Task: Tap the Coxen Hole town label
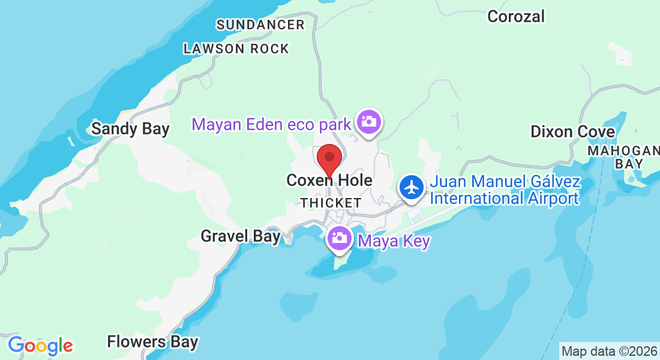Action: (x=329, y=180)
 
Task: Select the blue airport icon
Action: (x=412, y=187)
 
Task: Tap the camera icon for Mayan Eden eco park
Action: (x=368, y=122)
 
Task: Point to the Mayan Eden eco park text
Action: (x=271, y=125)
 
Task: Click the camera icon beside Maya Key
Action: (x=339, y=238)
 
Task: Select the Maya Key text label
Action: (x=394, y=242)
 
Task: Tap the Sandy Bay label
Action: (x=130, y=128)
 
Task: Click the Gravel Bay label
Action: (x=240, y=236)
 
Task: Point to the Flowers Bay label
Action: (x=152, y=342)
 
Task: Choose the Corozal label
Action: (x=516, y=16)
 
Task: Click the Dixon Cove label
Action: (x=572, y=131)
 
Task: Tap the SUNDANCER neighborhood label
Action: (x=260, y=25)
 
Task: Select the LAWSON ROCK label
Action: (x=236, y=49)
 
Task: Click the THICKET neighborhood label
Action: (x=331, y=203)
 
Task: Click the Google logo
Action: (x=40, y=346)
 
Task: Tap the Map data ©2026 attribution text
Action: (x=609, y=351)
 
